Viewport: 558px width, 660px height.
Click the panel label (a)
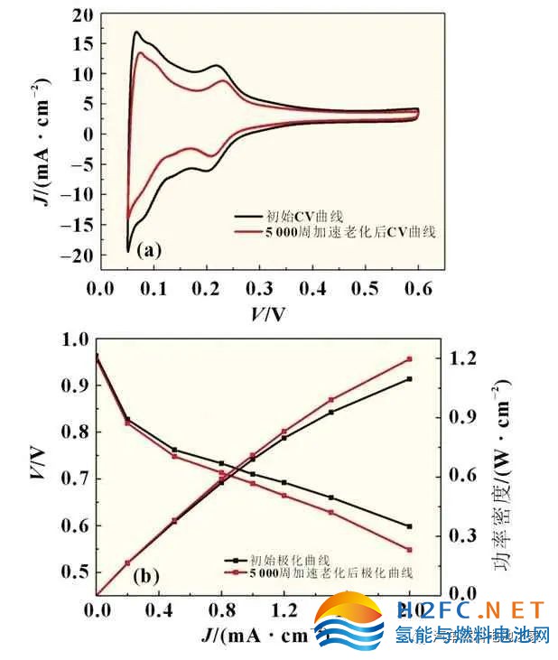(x=149, y=251)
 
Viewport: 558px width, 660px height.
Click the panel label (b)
(x=147, y=573)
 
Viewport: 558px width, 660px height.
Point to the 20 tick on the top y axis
(x=82, y=15)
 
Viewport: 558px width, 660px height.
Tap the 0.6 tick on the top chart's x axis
(x=417, y=287)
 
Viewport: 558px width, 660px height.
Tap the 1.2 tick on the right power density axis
(x=462, y=358)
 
